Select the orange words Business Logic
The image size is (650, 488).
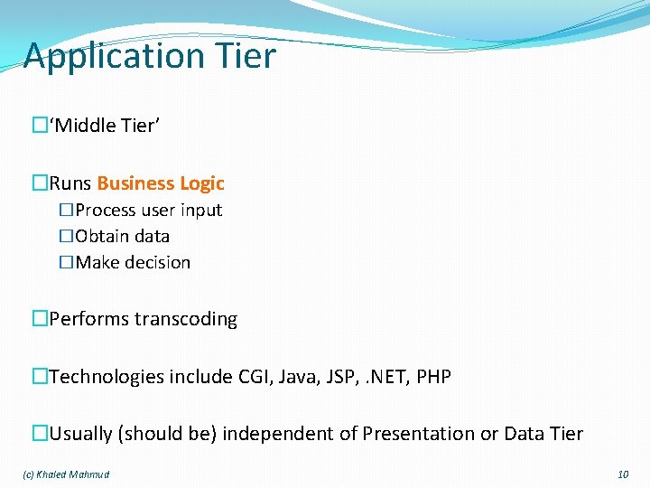click(x=161, y=183)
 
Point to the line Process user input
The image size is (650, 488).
click(x=148, y=211)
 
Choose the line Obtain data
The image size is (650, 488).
click(x=122, y=237)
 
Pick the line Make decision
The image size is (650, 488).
click(x=133, y=263)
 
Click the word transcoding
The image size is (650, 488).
click(x=186, y=319)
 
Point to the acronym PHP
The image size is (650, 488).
click(x=433, y=376)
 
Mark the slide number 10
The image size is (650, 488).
click(x=623, y=474)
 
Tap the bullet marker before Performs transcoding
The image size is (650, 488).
click(x=40, y=319)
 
